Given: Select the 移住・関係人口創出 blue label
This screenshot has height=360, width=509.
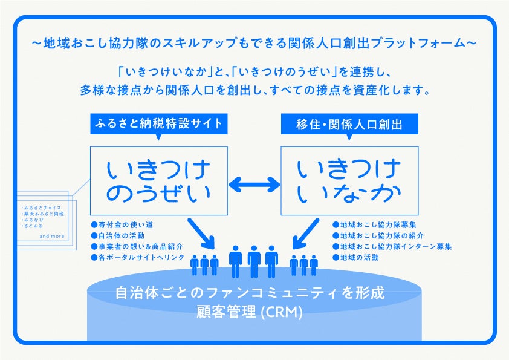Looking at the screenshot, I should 349,124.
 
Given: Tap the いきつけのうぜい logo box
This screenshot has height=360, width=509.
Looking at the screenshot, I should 159,180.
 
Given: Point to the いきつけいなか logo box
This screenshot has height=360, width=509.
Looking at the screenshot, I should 349,180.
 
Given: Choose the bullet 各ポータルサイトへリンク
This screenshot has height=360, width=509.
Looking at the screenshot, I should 137,258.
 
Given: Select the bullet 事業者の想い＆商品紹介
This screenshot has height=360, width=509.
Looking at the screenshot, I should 137,247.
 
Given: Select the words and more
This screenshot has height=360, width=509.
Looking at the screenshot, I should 51,236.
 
